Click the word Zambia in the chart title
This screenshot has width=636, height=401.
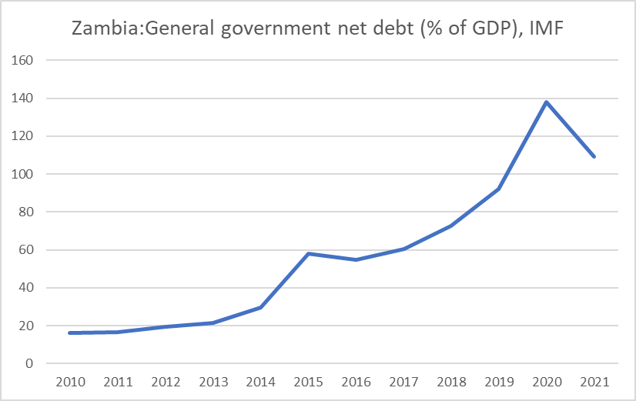coord(98,28)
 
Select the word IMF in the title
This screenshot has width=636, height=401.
coord(548,28)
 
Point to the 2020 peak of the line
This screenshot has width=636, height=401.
coord(547,102)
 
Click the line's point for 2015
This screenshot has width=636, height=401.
coord(308,253)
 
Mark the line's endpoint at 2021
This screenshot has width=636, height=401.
coord(594,156)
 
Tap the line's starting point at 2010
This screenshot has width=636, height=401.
coord(69,332)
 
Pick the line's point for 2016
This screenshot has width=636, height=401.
coord(356,259)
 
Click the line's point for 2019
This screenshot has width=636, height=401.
coord(499,189)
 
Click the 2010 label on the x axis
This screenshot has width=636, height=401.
coord(69,382)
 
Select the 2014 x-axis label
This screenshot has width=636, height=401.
coord(260,382)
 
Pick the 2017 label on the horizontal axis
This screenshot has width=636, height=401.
coord(403,382)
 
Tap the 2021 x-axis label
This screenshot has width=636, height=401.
coord(594,382)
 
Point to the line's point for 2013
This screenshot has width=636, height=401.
coord(213,322)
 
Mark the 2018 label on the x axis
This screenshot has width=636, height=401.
coord(451,382)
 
